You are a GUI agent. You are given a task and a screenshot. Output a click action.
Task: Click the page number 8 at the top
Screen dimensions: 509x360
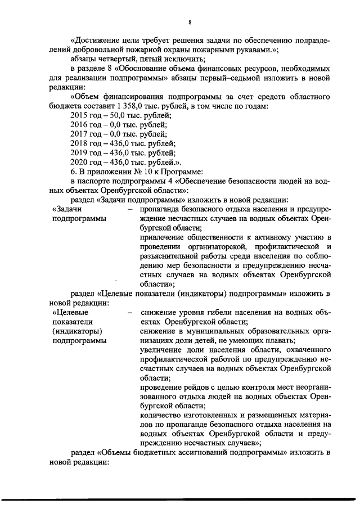point(190,21)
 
